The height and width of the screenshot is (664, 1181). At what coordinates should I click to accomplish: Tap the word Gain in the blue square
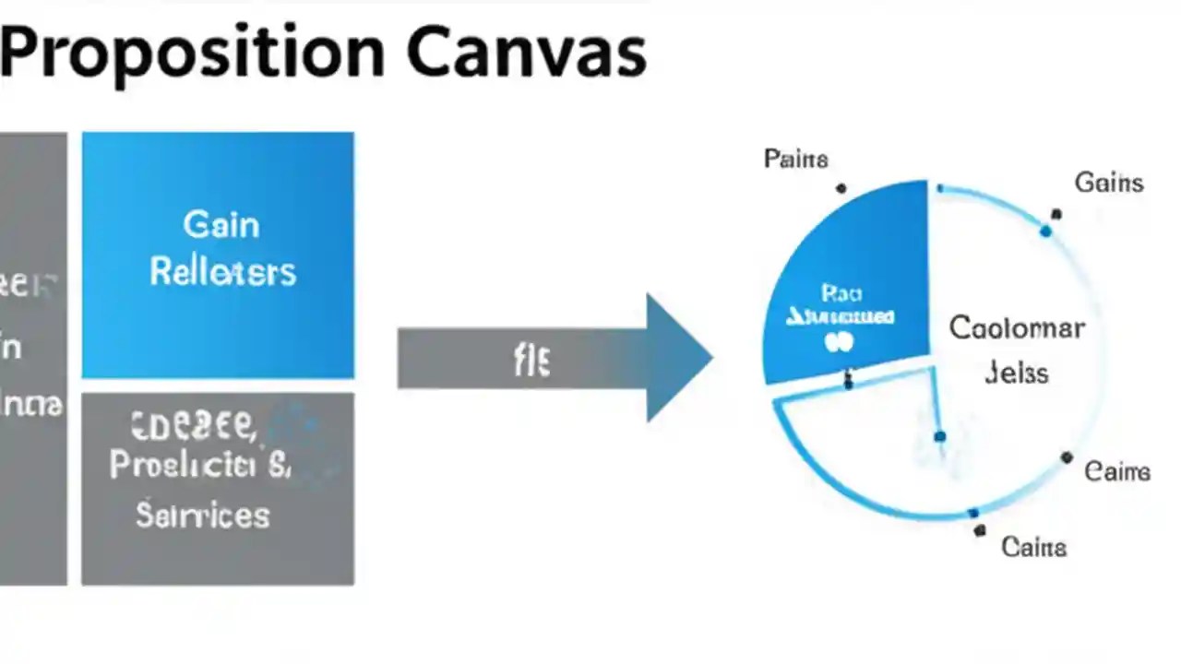[x=221, y=224]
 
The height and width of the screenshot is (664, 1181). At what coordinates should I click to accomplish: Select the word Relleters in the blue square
[x=222, y=272]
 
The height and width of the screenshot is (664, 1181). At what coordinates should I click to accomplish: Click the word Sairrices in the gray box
[x=203, y=514]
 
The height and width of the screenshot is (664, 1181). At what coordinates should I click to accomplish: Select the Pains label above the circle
[x=795, y=159]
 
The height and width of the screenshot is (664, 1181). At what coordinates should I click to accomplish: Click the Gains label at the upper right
[x=1108, y=183]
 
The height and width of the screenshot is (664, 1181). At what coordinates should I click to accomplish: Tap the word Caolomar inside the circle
[x=1016, y=327]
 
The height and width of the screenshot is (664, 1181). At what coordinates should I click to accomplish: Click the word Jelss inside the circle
[x=1016, y=373]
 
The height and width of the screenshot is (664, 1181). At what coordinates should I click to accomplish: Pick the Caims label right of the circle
[x=1116, y=472]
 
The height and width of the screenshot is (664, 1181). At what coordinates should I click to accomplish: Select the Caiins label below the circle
[x=1033, y=547]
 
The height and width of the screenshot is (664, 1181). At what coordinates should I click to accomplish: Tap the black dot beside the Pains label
[x=841, y=188]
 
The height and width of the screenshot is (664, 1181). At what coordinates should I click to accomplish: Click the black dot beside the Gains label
[x=1056, y=214]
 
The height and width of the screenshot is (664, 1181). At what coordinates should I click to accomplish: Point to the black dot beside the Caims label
[x=1067, y=457]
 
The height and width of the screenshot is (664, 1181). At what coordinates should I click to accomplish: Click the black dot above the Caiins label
[x=979, y=531]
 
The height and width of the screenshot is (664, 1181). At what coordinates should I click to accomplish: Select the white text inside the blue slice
[x=841, y=317]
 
